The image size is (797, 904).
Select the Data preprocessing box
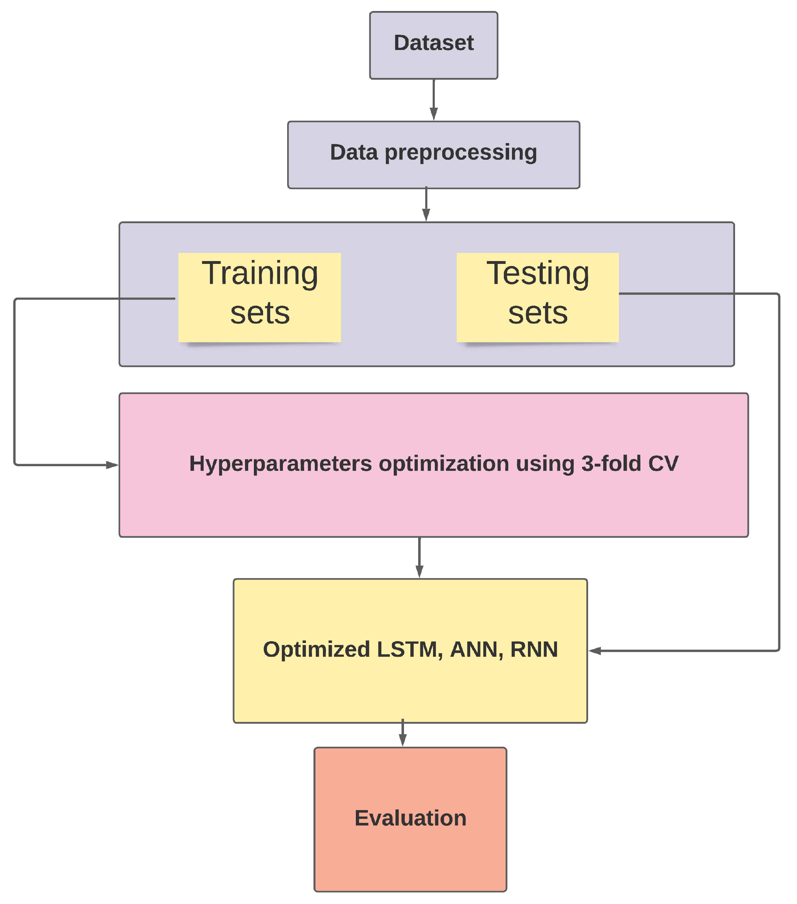[x=433, y=155]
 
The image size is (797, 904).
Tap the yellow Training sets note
[x=260, y=297]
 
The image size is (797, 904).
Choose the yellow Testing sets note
[x=537, y=297]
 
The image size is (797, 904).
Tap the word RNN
[x=534, y=650]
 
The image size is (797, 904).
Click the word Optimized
[x=317, y=650]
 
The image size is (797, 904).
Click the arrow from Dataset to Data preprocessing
[x=434, y=100]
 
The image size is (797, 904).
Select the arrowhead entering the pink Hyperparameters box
[x=112, y=465]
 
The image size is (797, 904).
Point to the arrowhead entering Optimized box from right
[x=595, y=651]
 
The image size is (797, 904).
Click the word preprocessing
[x=461, y=153]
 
